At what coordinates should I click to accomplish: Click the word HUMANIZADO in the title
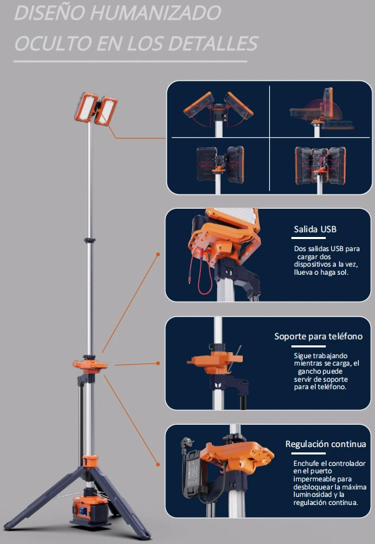pyautogui.click(x=156, y=13)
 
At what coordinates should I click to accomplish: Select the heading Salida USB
pyautogui.click(x=315, y=230)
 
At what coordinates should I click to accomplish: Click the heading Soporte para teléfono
pyautogui.click(x=318, y=337)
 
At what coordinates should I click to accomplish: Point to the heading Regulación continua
pyautogui.click(x=326, y=444)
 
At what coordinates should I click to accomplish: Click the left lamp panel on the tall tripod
pyautogui.click(x=85, y=107)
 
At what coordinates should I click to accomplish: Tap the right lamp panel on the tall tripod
pyautogui.click(x=107, y=111)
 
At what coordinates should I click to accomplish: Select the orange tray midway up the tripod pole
pyautogui.click(x=90, y=365)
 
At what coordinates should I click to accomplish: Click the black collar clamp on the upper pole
pyautogui.click(x=89, y=240)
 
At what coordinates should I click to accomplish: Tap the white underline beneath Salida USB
pyautogui.click(x=308, y=238)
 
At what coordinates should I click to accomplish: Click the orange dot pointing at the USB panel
pyautogui.click(x=158, y=254)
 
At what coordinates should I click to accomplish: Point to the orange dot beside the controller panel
pyautogui.click(x=158, y=464)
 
